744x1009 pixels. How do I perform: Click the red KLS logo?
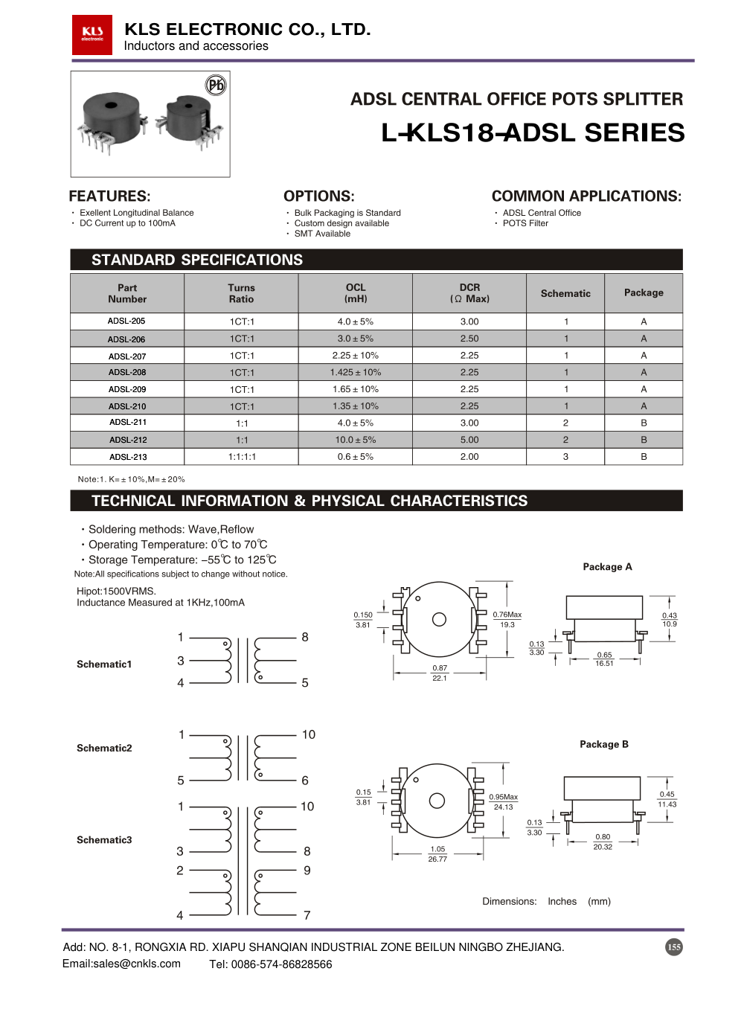click(x=92, y=34)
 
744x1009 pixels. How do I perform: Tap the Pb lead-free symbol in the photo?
click(x=216, y=85)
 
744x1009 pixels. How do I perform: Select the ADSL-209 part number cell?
click(x=127, y=389)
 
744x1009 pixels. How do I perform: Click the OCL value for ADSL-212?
click(x=356, y=440)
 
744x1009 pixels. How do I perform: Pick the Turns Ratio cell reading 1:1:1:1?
click(x=242, y=457)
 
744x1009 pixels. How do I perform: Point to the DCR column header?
click(x=469, y=293)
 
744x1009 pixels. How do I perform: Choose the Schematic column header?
click(x=565, y=293)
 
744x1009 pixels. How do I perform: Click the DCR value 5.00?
click(x=469, y=440)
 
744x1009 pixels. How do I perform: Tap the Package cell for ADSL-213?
click(x=644, y=457)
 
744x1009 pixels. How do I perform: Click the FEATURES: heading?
click(x=109, y=196)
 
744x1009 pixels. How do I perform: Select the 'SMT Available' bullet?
click(x=322, y=234)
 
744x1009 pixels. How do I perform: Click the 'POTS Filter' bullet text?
click(x=525, y=223)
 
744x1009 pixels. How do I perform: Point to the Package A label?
click(x=607, y=567)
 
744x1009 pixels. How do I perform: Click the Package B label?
click(x=604, y=744)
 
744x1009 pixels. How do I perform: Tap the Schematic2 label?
click(x=104, y=748)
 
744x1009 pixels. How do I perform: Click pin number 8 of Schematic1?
click(x=305, y=637)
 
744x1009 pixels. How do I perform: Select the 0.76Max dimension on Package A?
click(x=507, y=615)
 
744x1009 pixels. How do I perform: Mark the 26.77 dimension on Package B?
click(x=437, y=859)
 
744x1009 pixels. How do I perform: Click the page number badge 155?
click(x=673, y=947)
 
